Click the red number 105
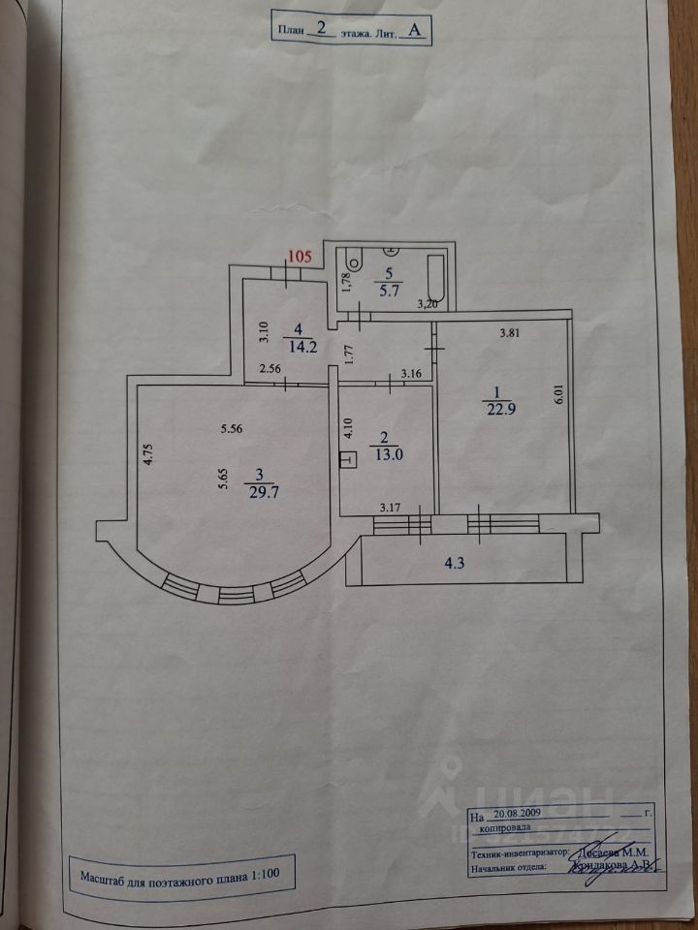[x=300, y=257]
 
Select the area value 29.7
[x=258, y=489]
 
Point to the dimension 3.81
[x=510, y=333]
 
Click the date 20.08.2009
[x=519, y=816]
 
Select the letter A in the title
[x=414, y=30]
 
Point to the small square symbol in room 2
[x=348, y=460]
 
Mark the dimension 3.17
[x=391, y=506]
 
